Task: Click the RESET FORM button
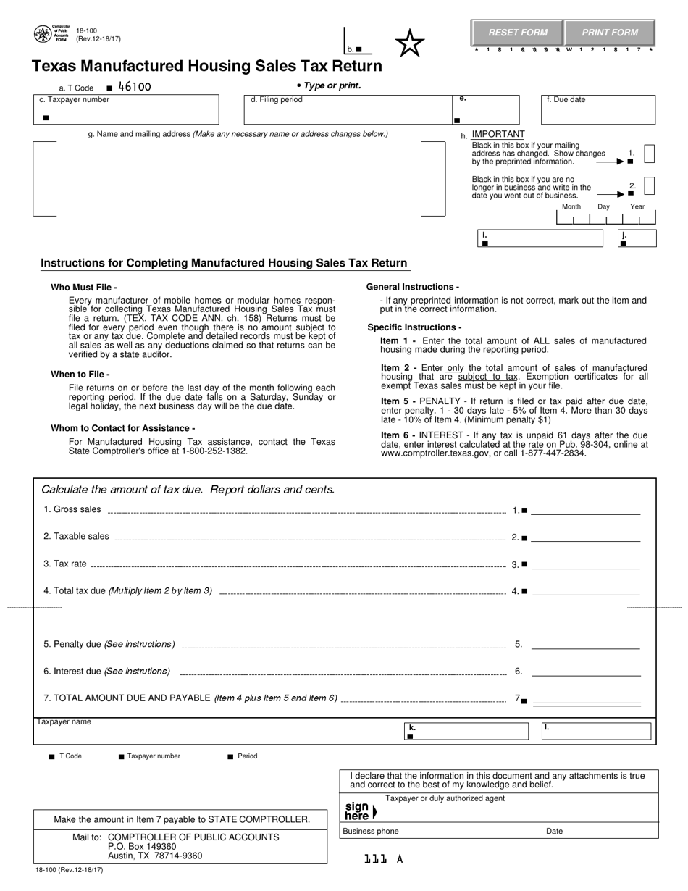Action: pos(517,33)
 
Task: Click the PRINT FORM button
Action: pos(610,33)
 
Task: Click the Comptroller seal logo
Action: pos(43,33)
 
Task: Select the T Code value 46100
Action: pos(135,87)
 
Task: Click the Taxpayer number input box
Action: pos(126,110)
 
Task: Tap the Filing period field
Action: pos(345,110)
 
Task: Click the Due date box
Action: pos(598,110)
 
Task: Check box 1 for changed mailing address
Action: pos(650,154)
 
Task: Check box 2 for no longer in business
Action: pos(650,186)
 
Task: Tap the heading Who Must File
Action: pos(84,288)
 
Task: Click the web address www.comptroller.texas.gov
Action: pos(433,453)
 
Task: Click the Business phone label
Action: pos(371,832)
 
